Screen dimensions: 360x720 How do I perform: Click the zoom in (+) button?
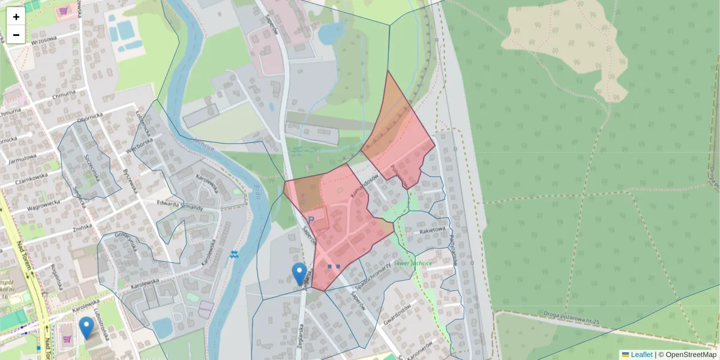pos(16,17)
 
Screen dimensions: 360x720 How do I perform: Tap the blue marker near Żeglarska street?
pos(299,274)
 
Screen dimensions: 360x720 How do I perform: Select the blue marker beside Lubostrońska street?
pos(87,328)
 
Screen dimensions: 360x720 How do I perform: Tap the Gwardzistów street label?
pos(397,313)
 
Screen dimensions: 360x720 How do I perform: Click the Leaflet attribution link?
pos(641,355)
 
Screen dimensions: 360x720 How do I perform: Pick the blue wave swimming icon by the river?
pos(235,254)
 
